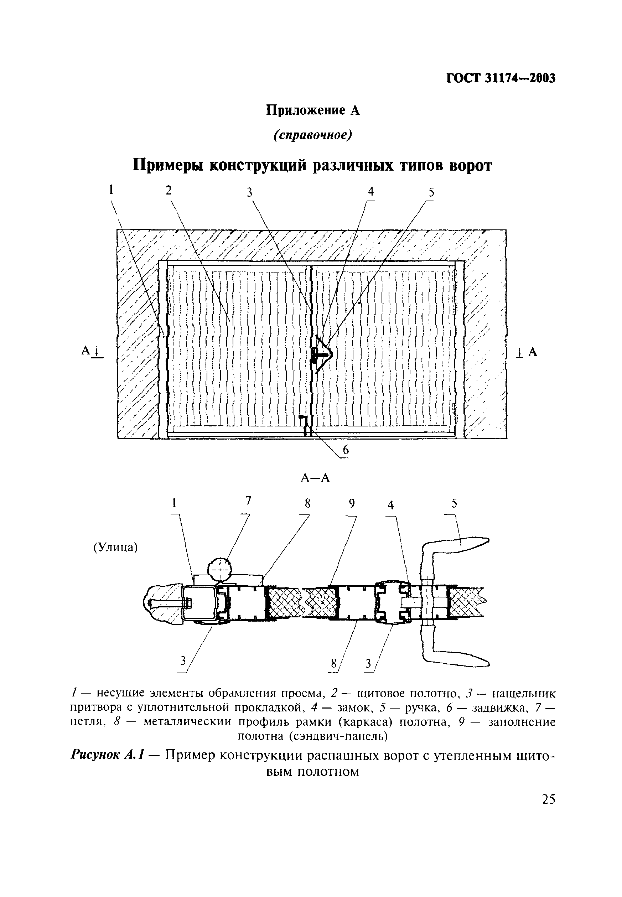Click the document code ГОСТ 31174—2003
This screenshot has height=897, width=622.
(x=501, y=78)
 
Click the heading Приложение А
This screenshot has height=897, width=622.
(x=312, y=110)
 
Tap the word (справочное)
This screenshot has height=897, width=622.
(x=312, y=135)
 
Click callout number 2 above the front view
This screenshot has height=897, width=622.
(x=169, y=191)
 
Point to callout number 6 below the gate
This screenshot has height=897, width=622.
(x=345, y=450)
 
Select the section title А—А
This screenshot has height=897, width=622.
(x=315, y=478)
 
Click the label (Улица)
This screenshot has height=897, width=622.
(x=115, y=548)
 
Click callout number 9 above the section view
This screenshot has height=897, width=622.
(x=352, y=504)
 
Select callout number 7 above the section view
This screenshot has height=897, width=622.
(x=248, y=501)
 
